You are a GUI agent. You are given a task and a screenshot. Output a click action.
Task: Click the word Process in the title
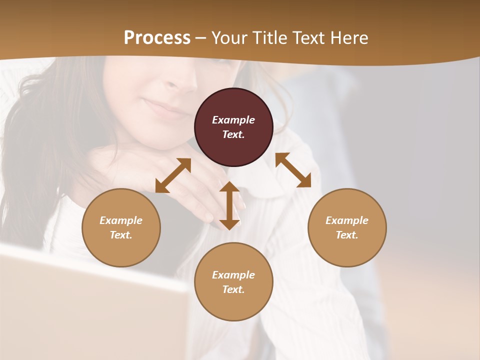tap(157, 38)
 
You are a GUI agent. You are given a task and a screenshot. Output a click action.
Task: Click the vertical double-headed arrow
tap(229, 205)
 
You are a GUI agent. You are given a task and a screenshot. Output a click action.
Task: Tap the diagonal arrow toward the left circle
tap(173, 175)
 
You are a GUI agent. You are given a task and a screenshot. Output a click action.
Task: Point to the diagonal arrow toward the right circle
tap(293, 170)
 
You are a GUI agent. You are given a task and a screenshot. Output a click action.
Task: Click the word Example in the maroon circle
tap(233, 120)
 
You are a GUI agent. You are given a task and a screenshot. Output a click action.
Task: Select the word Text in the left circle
tap(121, 235)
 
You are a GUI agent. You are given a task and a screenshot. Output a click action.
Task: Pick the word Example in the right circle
tap(347, 220)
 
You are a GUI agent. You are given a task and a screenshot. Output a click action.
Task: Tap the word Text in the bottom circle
tap(233, 289)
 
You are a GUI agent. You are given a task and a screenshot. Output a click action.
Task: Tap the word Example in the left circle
tap(121, 220)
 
